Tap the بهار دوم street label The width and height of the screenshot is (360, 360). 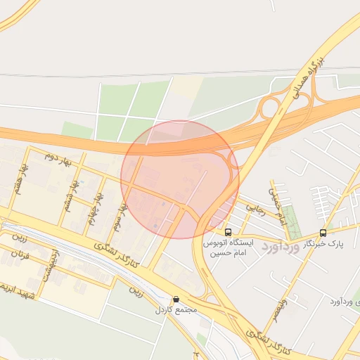[58, 160]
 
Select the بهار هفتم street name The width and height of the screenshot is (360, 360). [25, 180]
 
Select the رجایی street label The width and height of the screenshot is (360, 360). [253, 209]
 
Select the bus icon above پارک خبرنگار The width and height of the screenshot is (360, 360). [323, 233]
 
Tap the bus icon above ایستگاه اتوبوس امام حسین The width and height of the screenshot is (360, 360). [227, 231]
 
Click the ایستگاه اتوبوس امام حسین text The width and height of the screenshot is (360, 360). [227, 247]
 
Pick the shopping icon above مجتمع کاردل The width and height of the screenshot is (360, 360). [175, 299]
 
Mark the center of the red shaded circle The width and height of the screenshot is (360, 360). [180, 179]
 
